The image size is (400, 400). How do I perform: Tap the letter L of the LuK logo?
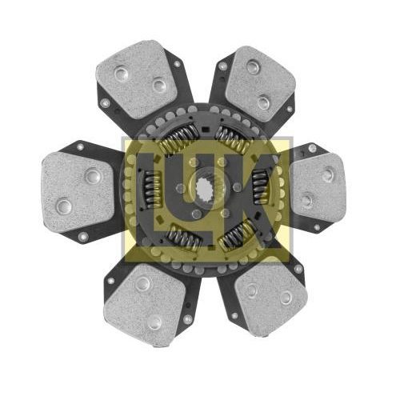(150, 198)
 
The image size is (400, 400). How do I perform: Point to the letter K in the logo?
(256, 198)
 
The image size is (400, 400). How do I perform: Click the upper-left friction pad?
(136, 78)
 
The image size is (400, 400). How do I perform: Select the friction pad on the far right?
(318, 188)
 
